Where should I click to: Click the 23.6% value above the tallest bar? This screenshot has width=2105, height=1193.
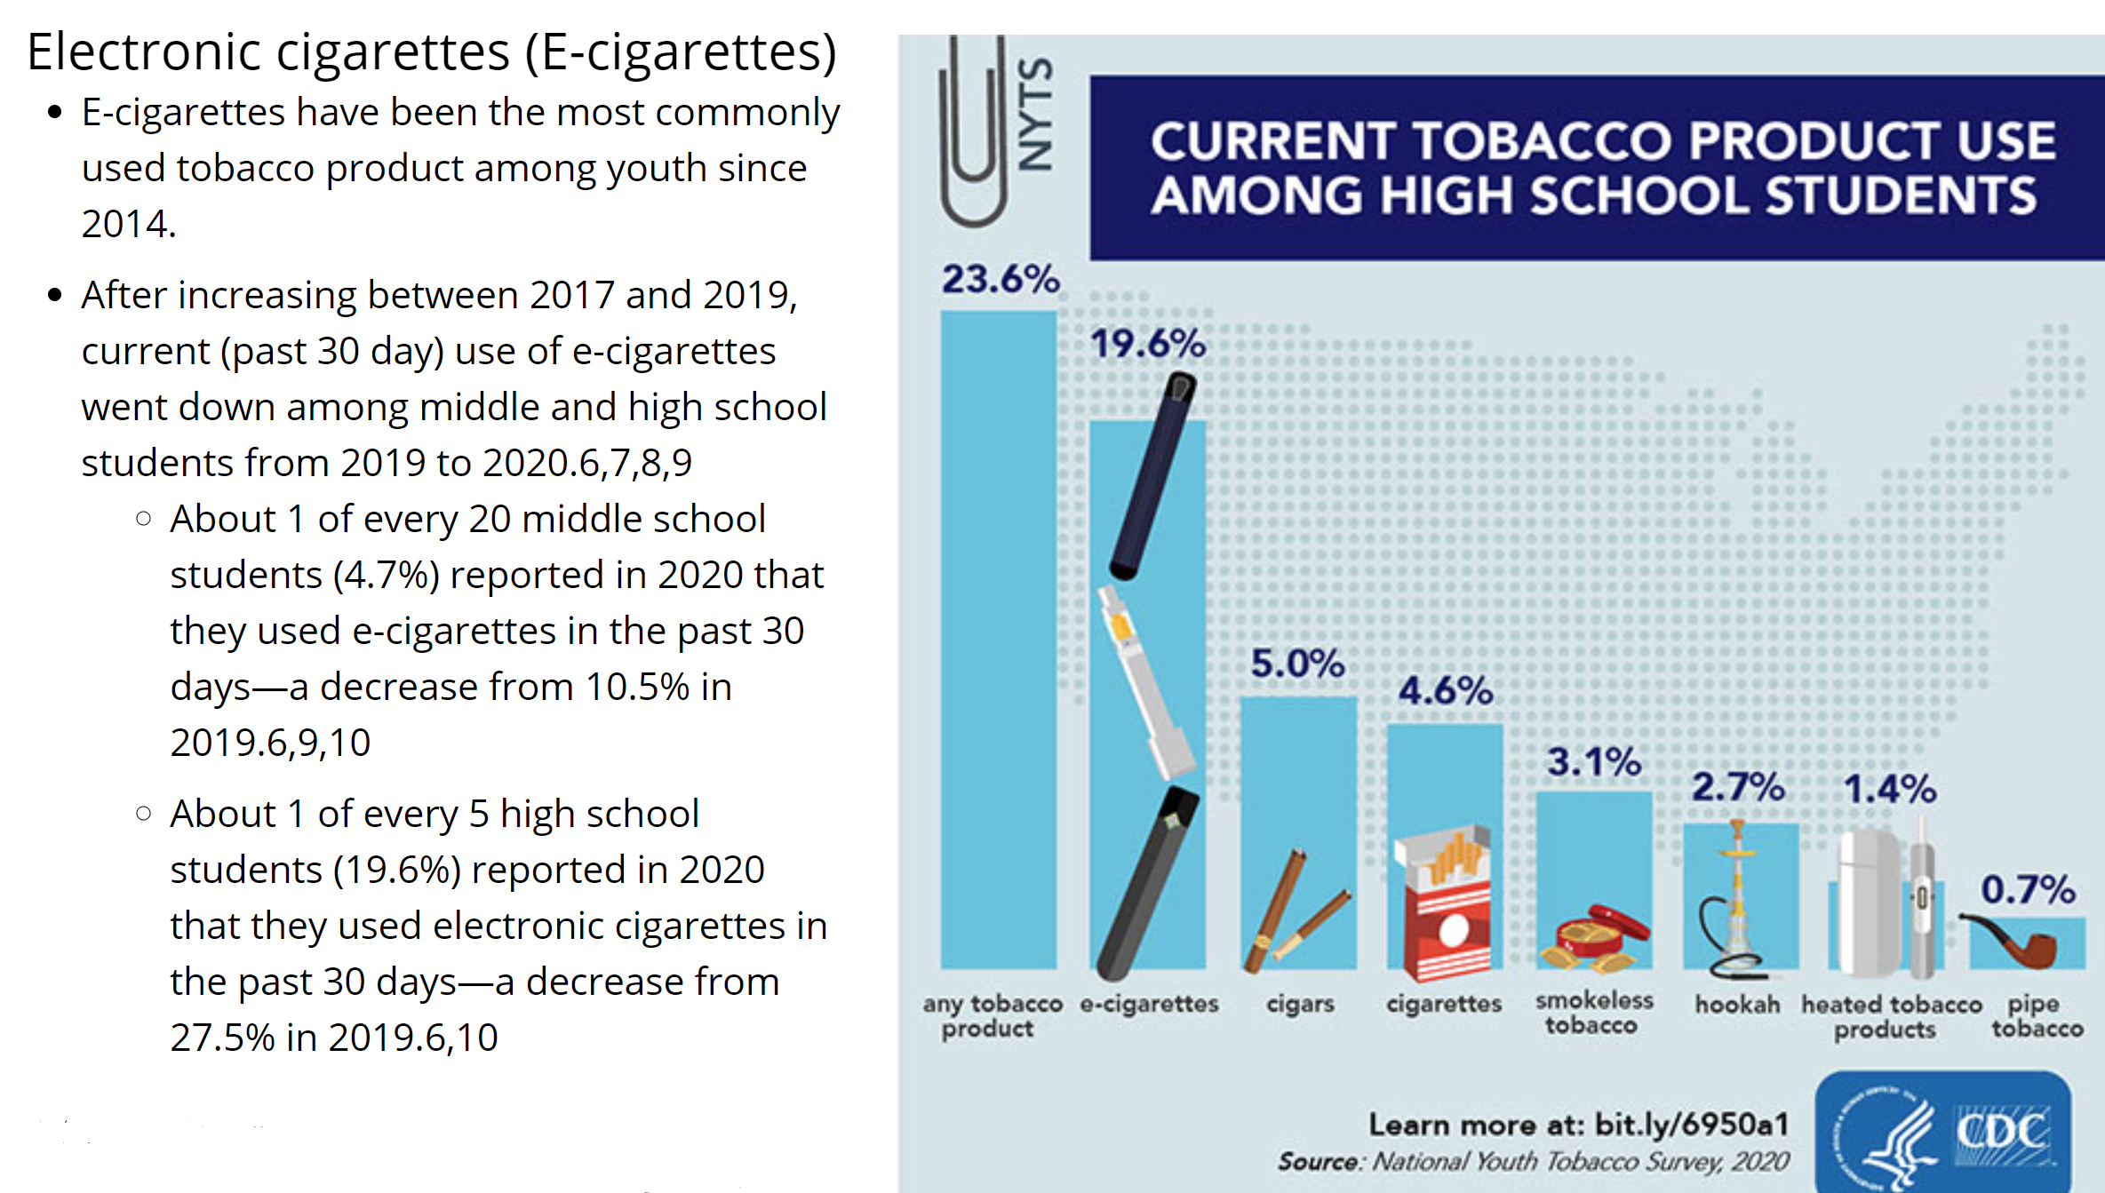tap(1001, 279)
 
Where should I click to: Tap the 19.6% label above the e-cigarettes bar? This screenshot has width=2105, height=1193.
tap(1148, 344)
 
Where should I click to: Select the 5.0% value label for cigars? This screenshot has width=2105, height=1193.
tap(1297, 664)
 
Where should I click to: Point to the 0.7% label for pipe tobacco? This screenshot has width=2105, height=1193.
tap(2028, 889)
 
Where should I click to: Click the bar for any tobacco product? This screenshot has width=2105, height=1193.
tap(999, 640)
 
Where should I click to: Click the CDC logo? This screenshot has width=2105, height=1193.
tap(1943, 1132)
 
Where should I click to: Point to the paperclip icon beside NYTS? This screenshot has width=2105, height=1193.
tap(973, 129)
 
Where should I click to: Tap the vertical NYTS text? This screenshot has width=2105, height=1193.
tap(1036, 113)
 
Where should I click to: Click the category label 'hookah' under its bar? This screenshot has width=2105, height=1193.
tap(1737, 1005)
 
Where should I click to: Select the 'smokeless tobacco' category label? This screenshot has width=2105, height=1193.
tap(1594, 1013)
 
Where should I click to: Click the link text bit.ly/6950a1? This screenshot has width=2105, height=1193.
tap(1692, 1125)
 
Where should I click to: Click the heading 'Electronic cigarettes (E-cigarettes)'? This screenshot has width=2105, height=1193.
tap(432, 52)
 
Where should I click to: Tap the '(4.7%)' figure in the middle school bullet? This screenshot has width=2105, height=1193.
tap(387, 576)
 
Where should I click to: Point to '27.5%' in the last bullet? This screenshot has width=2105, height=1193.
tap(222, 1038)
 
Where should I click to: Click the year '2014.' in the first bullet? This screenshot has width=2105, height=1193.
tap(129, 224)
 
